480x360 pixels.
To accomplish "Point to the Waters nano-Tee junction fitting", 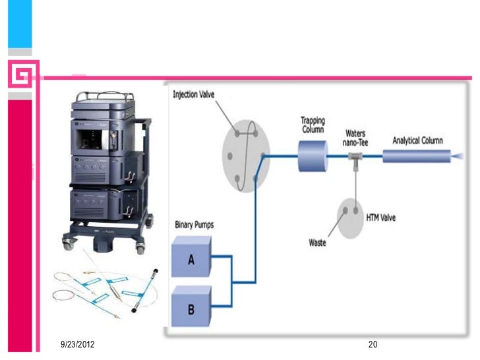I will click(x=355, y=157).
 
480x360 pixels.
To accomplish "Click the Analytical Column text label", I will click(x=418, y=140).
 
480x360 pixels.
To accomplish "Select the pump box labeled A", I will click(x=191, y=260).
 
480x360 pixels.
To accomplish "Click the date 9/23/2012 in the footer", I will click(x=76, y=345).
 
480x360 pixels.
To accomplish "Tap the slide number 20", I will click(x=373, y=345).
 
